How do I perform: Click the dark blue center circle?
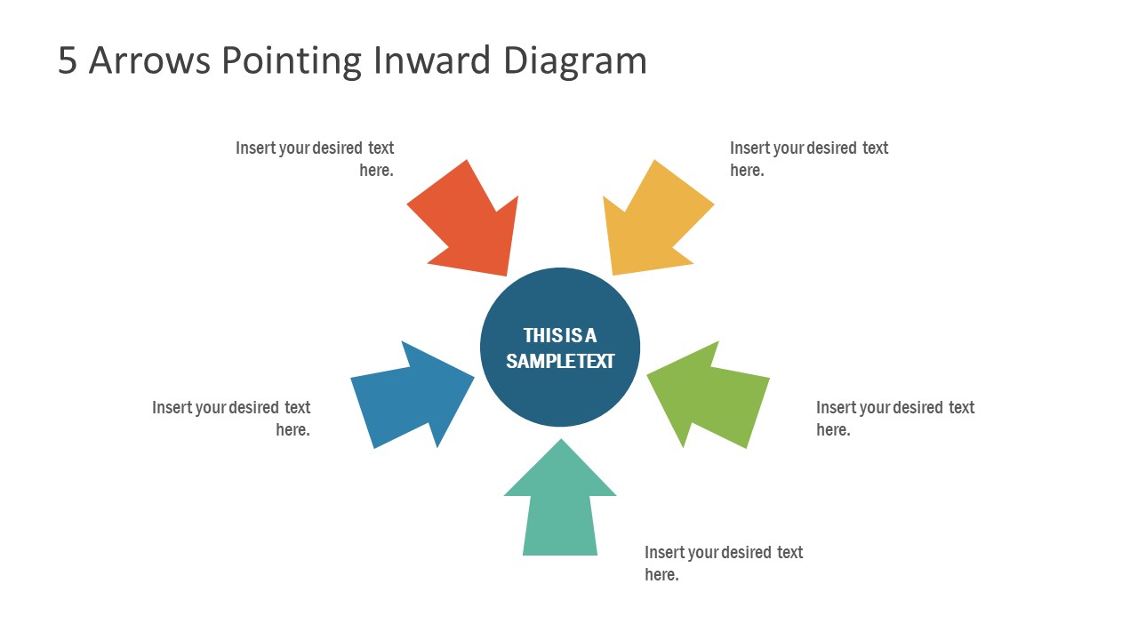[560, 391]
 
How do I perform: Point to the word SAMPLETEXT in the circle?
[560, 362]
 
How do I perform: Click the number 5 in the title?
[68, 60]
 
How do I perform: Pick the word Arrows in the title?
[149, 60]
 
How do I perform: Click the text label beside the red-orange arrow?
[315, 159]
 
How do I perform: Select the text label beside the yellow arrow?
[809, 159]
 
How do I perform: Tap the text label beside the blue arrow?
[231, 419]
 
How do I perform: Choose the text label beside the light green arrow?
[895, 419]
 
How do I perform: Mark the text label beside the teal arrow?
[724, 564]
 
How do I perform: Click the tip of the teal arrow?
[560, 441]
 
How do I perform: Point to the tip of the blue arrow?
[473, 376]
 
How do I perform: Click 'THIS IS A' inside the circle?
[560, 335]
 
